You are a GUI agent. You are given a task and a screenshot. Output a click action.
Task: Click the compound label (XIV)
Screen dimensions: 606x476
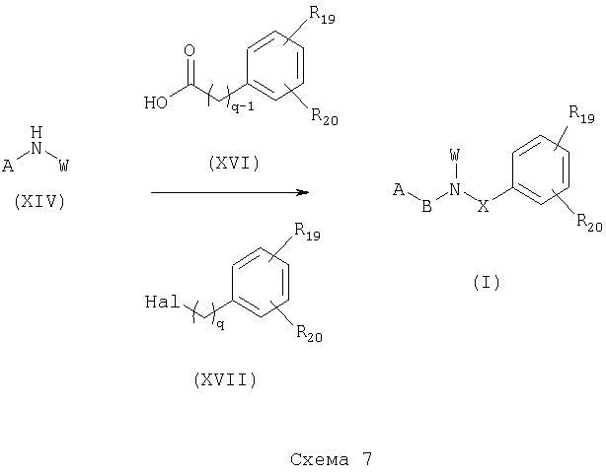click(39, 201)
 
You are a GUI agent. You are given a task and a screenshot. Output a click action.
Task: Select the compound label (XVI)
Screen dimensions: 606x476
click(234, 163)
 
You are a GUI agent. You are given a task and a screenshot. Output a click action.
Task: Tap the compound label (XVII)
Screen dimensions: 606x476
click(225, 379)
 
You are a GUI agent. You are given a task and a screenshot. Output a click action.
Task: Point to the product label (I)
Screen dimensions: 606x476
click(487, 282)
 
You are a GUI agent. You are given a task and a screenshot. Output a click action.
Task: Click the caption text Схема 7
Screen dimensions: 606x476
click(332, 459)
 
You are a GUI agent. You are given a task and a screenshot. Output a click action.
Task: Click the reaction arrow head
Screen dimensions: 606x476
click(303, 192)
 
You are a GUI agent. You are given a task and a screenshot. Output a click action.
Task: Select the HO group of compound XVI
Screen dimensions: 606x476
click(156, 102)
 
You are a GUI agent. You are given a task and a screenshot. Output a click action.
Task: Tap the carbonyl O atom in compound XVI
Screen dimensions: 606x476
click(189, 51)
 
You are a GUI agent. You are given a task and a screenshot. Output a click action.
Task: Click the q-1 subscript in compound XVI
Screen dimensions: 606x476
click(243, 107)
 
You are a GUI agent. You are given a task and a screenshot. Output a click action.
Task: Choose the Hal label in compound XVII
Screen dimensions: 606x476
click(163, 302)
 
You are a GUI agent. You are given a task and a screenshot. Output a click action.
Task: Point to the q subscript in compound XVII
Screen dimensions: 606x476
click(220, 325)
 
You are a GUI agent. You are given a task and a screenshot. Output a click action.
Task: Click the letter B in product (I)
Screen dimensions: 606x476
click(426, 206)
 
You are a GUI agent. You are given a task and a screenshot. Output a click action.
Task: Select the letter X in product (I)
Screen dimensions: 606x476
click(484, 206)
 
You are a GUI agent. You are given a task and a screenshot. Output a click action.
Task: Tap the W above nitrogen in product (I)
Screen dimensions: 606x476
click(455, 156)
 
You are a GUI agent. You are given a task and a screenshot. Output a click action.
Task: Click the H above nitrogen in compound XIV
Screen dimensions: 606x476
click(37, 132)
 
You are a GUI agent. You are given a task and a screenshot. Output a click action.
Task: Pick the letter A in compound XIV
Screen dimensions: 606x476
click(8, 166)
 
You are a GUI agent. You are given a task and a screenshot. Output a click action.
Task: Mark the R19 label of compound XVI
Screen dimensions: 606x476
click(322, 16)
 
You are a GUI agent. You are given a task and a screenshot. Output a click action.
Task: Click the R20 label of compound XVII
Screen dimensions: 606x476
click(309, 333)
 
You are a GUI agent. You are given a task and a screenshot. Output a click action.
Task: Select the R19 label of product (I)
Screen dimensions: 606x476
click(581, 114)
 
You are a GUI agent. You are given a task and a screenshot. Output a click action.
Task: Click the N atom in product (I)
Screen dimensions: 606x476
click(455, 189)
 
